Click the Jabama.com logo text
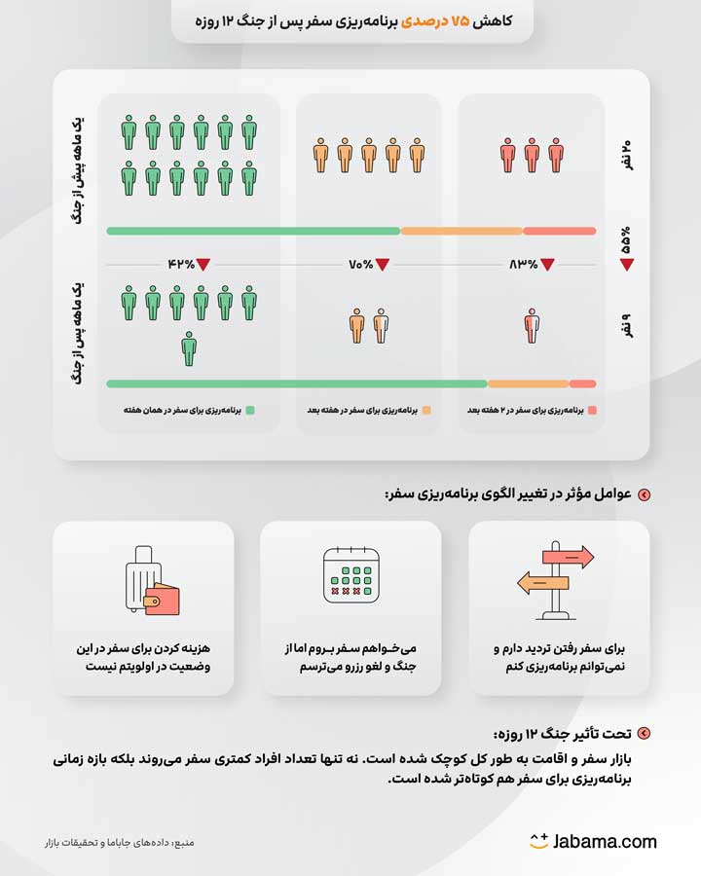tap(604, 841)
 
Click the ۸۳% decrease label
tap(524, 264)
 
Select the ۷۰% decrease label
tap(361, 264)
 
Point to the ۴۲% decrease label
tap(181, 264)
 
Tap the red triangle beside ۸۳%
tap(548, 264)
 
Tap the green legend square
tap(250, 411)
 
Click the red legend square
tap(592, 411)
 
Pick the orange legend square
tap(425, 411)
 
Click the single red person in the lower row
tap(532, 325)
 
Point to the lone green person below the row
tap(189, 347)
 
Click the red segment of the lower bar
tap(582, 383)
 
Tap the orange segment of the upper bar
tap(461, 231)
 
